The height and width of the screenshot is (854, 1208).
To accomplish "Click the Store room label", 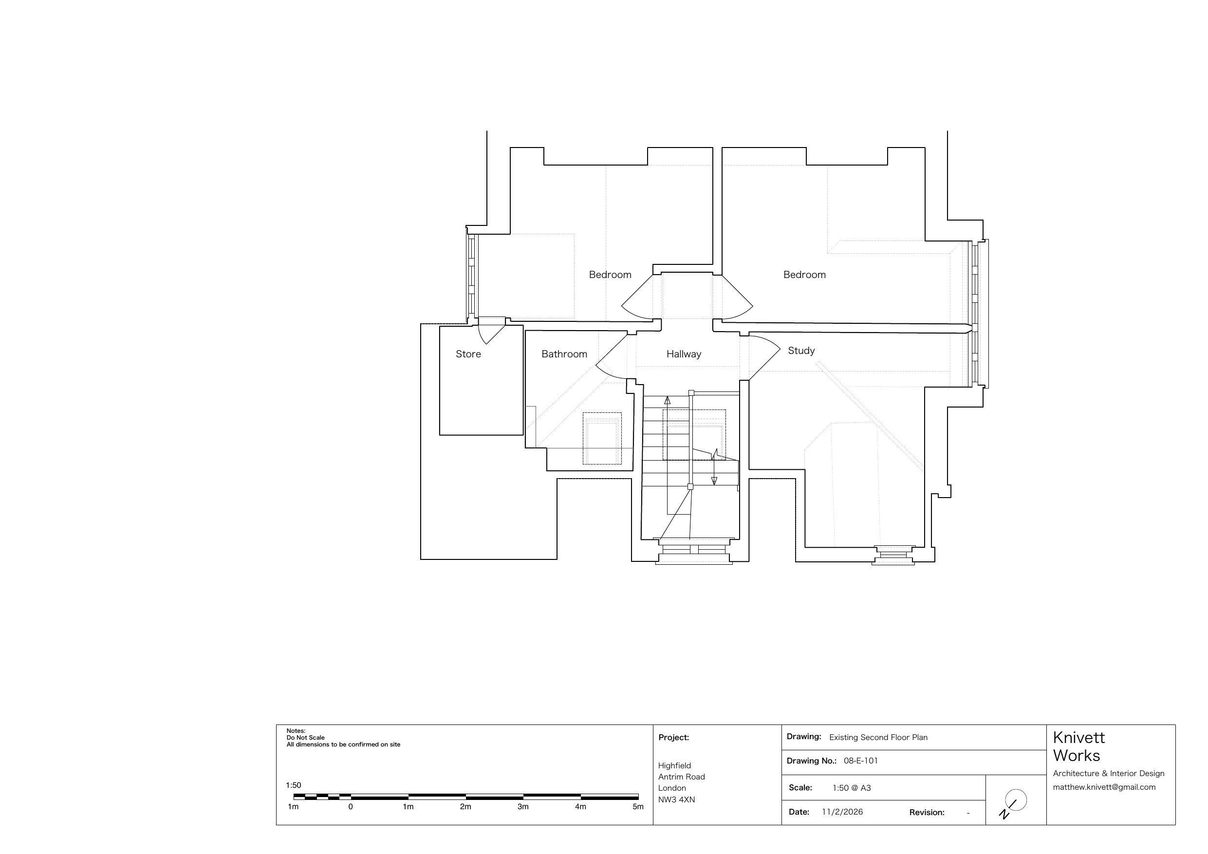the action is click(468, 354).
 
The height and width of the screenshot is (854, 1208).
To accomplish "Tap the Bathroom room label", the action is click(564, 354).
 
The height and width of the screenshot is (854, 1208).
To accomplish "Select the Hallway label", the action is click(684, 354).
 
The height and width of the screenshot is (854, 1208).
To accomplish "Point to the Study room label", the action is click(801, 351).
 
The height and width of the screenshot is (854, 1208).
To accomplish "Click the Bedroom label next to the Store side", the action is click(610, 275).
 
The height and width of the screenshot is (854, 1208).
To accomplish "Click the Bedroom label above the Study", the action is click(804, 275).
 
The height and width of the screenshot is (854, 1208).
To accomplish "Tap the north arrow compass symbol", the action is click(1013, 803).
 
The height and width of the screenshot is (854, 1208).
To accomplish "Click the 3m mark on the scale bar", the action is click(523, 807).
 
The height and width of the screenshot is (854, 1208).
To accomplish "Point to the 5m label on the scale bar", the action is click(638, 807).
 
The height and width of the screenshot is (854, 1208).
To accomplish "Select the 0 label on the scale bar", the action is click(351, 807).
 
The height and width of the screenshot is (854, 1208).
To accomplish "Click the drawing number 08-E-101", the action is click(861, 761).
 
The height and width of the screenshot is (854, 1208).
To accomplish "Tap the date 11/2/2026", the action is click(842, 812).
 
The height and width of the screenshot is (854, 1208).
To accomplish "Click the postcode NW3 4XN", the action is click(677, 800).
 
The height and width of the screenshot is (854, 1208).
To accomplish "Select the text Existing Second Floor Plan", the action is click(878, 738).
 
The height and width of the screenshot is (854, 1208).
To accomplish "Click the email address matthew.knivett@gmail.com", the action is click(1104, 787).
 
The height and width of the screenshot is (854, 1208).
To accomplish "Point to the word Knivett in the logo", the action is click(1078, 738).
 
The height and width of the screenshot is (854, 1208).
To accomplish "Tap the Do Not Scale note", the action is click(306, 738).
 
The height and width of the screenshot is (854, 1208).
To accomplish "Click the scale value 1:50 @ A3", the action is click(852, 788).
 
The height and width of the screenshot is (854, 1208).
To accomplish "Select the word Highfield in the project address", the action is click(674, 765).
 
